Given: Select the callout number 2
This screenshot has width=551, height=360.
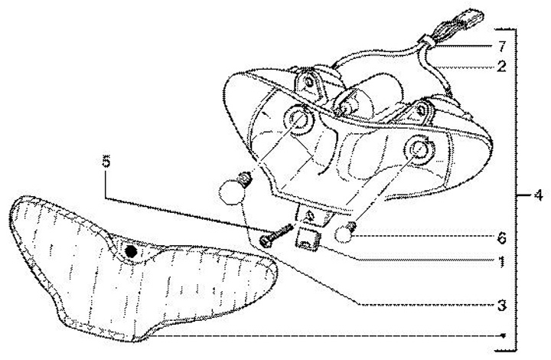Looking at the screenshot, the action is tap(500, 67).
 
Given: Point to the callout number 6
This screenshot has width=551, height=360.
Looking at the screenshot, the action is tap(501, 237).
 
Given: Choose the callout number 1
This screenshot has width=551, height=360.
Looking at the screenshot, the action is tap(501, 261).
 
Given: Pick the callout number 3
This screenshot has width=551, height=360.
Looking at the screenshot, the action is tap(501, 305).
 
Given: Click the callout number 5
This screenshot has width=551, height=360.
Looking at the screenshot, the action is tap(106, 162).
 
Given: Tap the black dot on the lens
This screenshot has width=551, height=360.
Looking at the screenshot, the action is tap(132, 250).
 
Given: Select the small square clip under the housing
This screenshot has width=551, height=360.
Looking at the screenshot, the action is tap(308, 240).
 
